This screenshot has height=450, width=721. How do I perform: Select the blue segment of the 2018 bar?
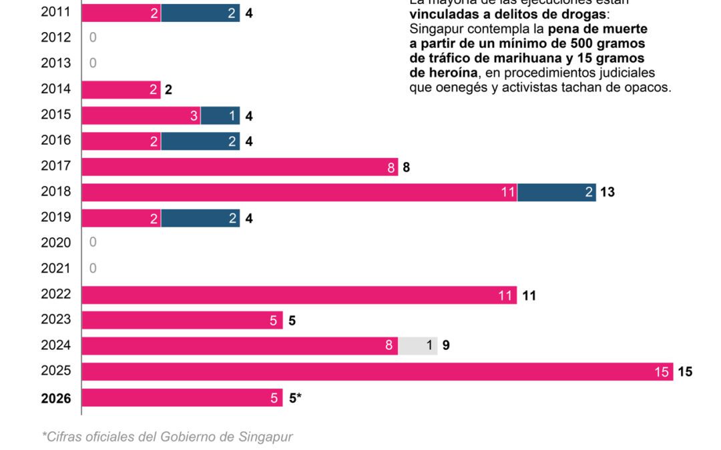coord(556,192)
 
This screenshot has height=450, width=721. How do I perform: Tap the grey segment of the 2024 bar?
coord(418,345)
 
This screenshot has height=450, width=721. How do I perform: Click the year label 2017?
coord(56,166)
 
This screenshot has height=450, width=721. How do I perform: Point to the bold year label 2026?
coord(56,398)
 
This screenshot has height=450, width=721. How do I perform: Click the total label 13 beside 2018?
coord(607,192)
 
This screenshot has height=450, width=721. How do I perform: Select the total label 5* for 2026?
coord(295,398)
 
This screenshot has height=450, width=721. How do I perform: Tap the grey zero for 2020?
coord(93,243)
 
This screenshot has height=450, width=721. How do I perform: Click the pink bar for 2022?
coord(299,295)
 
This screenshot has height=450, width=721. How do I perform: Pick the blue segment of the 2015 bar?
coord(220,115)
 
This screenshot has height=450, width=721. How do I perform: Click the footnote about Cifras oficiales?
coord(168,437)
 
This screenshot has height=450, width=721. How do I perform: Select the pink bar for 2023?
coord(182,320)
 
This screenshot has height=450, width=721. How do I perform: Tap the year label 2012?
coord(56,37)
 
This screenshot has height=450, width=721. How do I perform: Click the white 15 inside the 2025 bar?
coord(662,372)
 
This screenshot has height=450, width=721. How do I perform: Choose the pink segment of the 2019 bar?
coord(121,218)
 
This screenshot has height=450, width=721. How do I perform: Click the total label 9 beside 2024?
coord(446,345)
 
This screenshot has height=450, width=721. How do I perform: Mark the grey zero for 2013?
coord(93,63)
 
